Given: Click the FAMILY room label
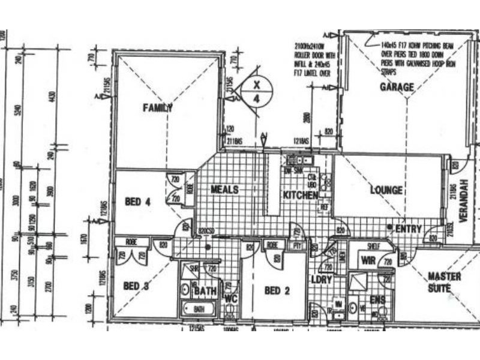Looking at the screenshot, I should [158, 108].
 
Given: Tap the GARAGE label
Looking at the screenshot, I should [397, 88].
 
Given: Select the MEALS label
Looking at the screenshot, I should [224, 190].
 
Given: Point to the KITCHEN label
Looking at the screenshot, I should [300, 196].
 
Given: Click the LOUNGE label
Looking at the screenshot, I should [386, 191].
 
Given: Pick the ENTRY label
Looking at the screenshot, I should [409, 229].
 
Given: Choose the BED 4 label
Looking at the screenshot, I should [137, 202].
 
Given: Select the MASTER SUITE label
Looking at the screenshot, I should [445, 282].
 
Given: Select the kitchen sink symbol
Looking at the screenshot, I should [298, 160].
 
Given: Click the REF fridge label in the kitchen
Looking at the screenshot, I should [325, 207].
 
